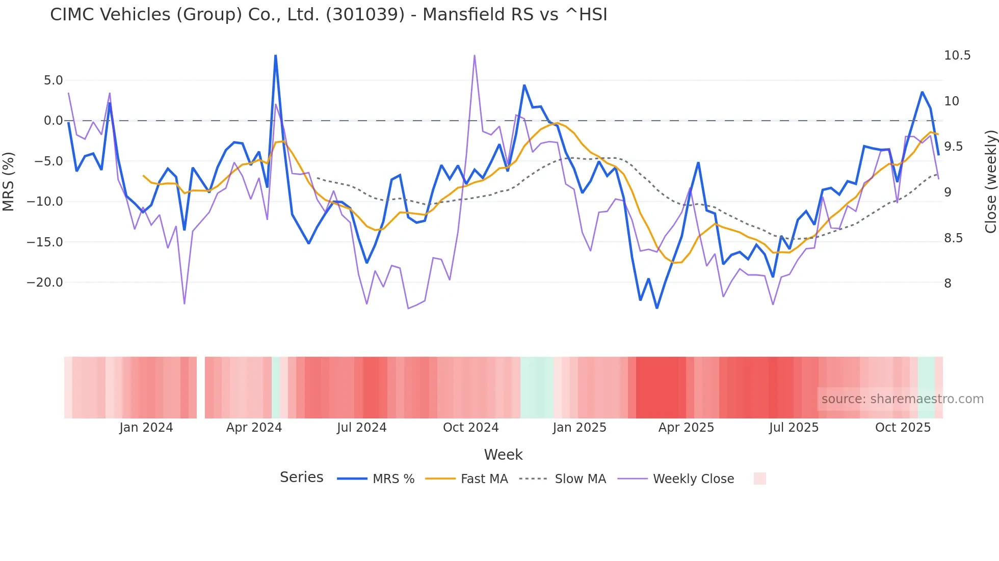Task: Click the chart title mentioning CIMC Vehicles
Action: pos(328,15)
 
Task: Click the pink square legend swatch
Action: pos(759,479)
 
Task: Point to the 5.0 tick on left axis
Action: pos(53,80)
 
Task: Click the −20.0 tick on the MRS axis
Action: pos(45,283)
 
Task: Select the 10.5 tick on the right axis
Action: pos(957,55)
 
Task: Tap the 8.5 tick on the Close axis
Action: pos(953,238)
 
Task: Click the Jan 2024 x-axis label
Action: pos(146,428)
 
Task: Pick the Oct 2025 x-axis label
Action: pos(903,428)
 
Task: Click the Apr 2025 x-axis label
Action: pos(686,428)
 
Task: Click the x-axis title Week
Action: pos(503,455)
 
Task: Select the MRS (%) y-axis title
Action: pos(9,182)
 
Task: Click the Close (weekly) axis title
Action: pos(990,182)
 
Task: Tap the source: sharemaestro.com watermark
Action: pos(902,399)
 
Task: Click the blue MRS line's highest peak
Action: pos(276,55)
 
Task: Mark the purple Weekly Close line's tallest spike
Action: pos(475,55)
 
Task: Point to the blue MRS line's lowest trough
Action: pos(656,308)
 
